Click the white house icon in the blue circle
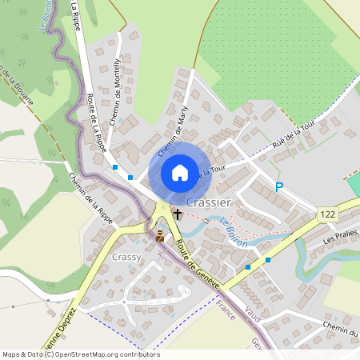pyautogui.click(x=179, y=172)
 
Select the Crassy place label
pyautogui.click(x=127, y=257)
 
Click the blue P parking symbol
pyautogui.click(x=279, y=187)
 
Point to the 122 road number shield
pyautogui.click(x=326, y=214)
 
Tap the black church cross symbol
pyautogui.click(x=177, y=214)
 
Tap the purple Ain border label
pyautogui.click(x=164, y=257)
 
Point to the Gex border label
pyautogui.click(x=257, y=342)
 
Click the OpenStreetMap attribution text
pyautogui.click(x=81, y=354)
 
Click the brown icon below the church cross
pyautogui.click(x=160, y=234)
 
